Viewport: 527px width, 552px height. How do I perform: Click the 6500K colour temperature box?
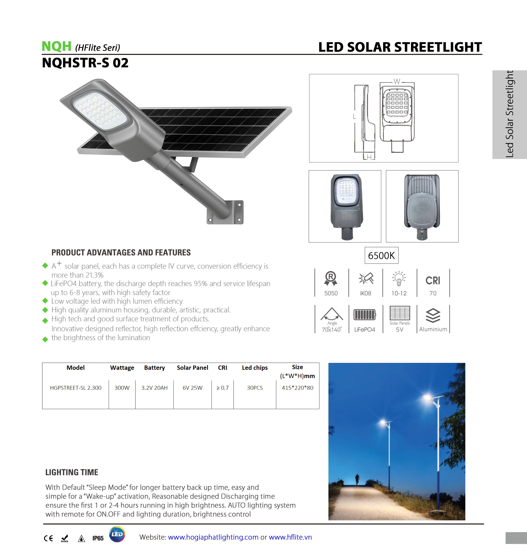(381, 255)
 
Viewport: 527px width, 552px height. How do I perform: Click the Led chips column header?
(255, 368)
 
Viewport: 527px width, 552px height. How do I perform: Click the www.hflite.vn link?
(290, 537)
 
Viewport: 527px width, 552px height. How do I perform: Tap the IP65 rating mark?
(98, 538)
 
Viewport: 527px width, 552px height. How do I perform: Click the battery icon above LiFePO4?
(365, 314)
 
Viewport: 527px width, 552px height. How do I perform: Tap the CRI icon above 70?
(433, 280)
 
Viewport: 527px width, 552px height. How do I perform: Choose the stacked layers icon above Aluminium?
(433, 315)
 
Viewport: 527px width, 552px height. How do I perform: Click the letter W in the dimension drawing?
(397, 82)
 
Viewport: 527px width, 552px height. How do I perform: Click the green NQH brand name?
(56, 46)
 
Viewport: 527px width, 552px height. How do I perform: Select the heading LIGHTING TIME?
(72, 472)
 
